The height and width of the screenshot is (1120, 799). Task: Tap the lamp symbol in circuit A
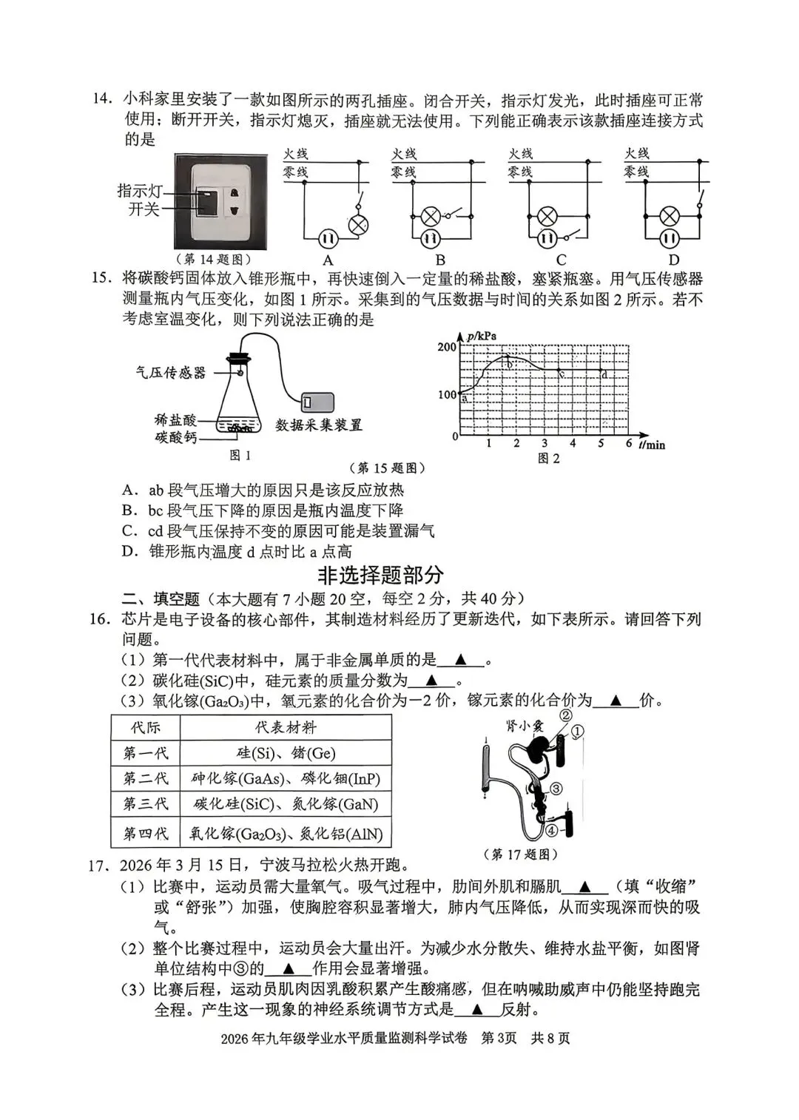[x=359, y=226]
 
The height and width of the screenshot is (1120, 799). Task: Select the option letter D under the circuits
[x=673, y=260]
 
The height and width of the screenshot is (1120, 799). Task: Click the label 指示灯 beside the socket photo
[x=139, y=191]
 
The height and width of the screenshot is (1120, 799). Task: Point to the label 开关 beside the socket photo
[x=144, y=209]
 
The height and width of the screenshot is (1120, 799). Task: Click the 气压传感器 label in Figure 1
[x=170, y=373]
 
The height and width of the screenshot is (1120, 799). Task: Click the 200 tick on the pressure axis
[x=447, y=347]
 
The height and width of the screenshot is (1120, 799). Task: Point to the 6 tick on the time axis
[x=629, y=443]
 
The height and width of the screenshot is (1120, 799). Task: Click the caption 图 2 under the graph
[x=548, y=459]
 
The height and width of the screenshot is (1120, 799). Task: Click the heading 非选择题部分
[x=380, y=575]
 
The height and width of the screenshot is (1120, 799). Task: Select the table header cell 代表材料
[x=286, y=727]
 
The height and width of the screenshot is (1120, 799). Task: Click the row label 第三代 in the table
[x=145, y=804]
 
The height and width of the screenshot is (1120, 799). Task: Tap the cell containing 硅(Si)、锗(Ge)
[x=286, y=753]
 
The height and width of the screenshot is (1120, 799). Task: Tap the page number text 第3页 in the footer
[x=499, y=1038]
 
